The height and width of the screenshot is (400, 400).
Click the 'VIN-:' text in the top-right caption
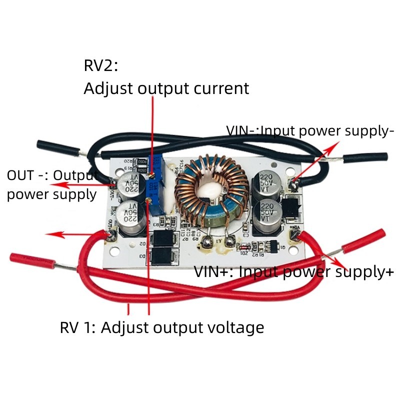[243, 131]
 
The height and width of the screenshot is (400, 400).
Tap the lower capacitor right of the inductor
[268, 216]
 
